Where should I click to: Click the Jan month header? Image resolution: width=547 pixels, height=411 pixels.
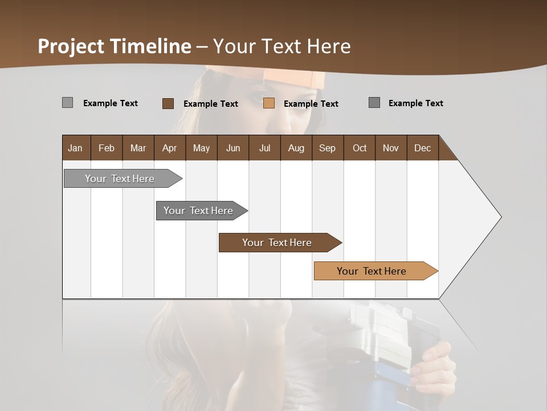(x=75, y=148)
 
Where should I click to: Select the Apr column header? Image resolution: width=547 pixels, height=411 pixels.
(x=169, y=148)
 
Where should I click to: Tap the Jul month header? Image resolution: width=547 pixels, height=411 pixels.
(x=264, y=148)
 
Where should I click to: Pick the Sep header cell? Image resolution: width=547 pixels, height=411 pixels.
(x=327, y=148)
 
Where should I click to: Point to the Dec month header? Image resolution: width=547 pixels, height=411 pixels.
(x=422, y=148)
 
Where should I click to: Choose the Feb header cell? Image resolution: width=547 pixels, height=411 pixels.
(x=107, y=148)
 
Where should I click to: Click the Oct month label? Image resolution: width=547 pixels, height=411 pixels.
(x=360, y=148)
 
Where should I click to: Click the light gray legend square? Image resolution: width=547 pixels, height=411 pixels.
(x=67, y=103)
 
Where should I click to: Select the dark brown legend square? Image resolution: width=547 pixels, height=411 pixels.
(x=168, y=103)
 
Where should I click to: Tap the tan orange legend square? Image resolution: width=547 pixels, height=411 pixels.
(x=269, y=103)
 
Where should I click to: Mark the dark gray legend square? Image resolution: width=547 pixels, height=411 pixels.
(x=374, y=103)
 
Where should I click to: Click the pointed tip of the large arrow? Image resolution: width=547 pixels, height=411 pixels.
(x=500, y=216)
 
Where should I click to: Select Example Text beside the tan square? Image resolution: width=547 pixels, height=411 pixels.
(x=311, y=104)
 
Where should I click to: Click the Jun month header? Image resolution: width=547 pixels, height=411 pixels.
(x=233, y=148)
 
